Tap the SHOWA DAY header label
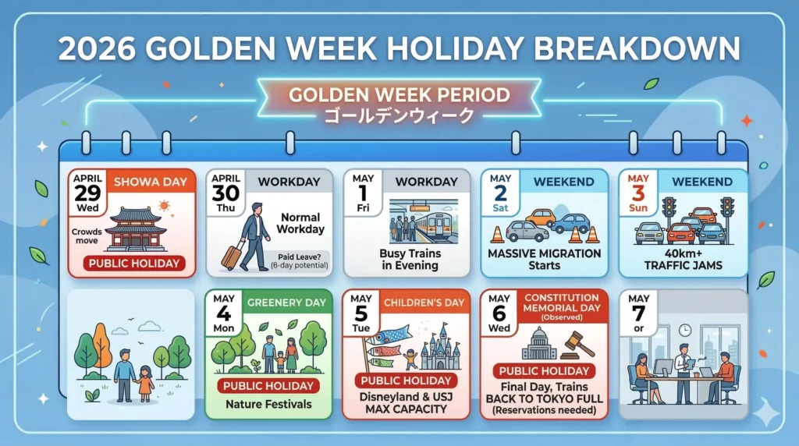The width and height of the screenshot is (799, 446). (x=151, y=182)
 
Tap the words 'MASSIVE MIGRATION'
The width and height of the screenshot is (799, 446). (x=545, y=253)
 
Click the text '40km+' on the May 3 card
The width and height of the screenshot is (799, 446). (x=683, y=253)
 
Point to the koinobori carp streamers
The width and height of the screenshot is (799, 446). (x=383, y=340)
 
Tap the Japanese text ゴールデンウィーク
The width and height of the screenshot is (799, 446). (x=399, y=116)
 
